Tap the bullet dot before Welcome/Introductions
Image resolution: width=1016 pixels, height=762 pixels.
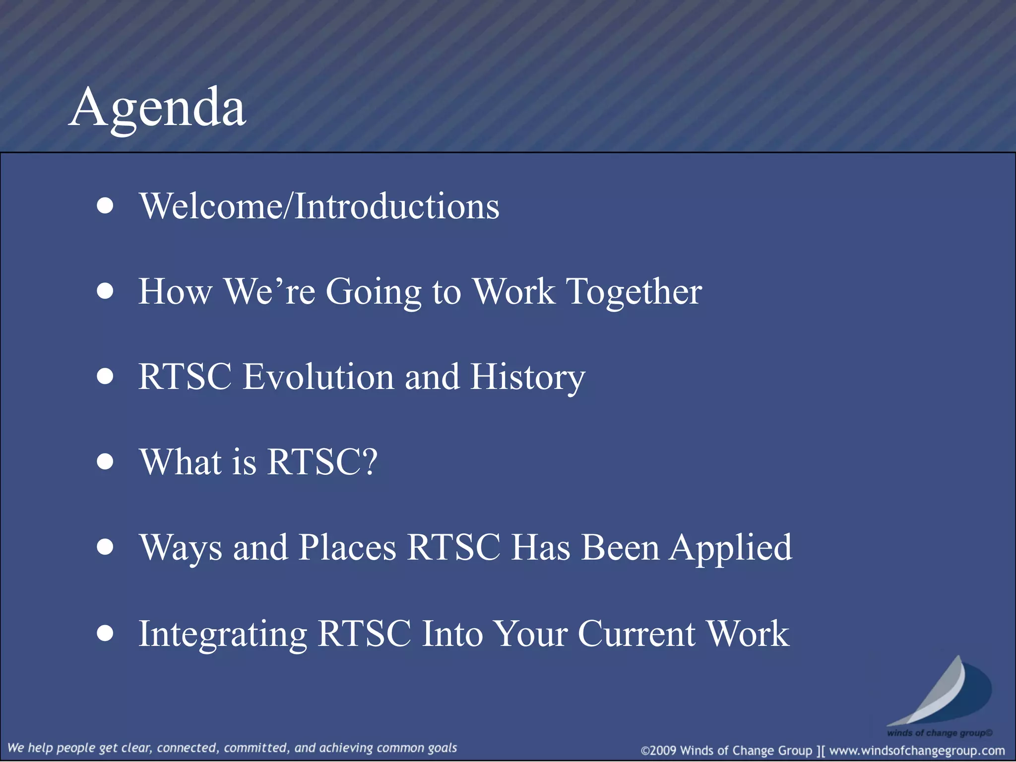[x=105, y=206]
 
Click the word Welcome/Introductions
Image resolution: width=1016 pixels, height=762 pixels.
[x=319, y=206]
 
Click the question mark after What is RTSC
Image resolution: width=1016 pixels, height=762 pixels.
[x=369, y=461]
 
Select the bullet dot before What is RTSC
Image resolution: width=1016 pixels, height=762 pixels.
[x=105, y=462]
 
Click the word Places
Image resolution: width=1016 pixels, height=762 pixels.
[x=347, y=548]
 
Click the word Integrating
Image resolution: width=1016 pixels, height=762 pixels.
[x=223, y=635]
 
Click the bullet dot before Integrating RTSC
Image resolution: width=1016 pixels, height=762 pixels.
[x=105, y=634]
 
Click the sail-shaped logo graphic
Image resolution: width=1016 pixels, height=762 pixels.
[x=940, y=692]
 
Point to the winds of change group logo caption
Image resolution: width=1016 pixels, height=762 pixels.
[x=939, y=733]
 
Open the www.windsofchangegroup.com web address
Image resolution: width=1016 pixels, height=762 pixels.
[x=917, y=751]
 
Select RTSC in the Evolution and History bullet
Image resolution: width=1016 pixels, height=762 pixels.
[x=185, y=377]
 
